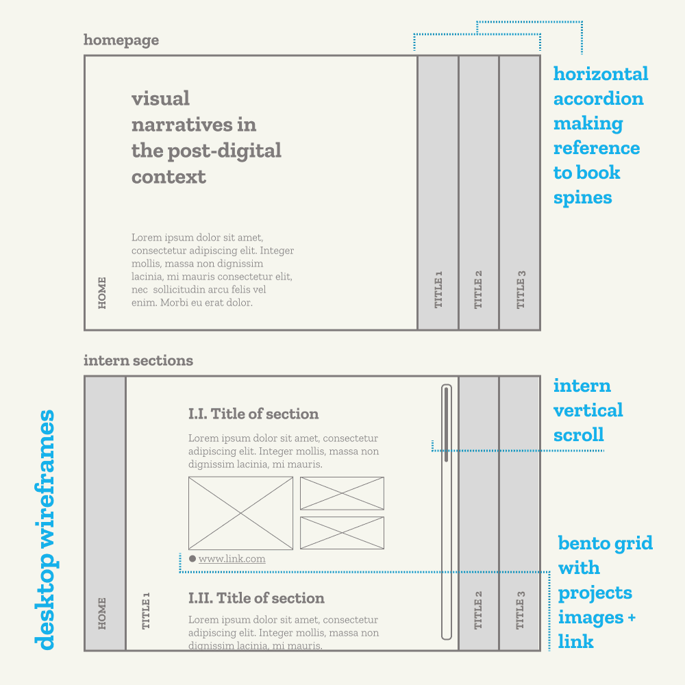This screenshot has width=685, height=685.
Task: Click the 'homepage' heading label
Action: coord(121,40)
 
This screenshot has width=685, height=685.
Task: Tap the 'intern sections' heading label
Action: coord(138,361)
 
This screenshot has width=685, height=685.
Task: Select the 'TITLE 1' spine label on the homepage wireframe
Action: coord(438,289)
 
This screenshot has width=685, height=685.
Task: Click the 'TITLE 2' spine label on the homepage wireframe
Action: coord(479,289)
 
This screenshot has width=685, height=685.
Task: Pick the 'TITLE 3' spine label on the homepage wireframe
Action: coord(521,289)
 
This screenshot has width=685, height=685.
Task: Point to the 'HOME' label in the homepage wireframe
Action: coord(103,292)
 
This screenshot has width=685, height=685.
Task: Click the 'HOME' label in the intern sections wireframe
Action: coord(103,613)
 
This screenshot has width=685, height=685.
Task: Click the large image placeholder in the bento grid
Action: coord(240,513)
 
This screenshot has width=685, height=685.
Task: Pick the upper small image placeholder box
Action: coord(342,493)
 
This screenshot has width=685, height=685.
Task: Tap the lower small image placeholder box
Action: coord(342,533)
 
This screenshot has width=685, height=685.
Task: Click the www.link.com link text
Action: coord(232,559)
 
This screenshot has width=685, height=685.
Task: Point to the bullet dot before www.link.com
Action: coord(192,559)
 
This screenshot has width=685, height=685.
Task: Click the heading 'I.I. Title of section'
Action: coord(253,414)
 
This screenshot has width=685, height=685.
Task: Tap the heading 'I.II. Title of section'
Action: coord(256,598)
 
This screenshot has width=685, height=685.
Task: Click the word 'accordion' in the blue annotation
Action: coord(598,99)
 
